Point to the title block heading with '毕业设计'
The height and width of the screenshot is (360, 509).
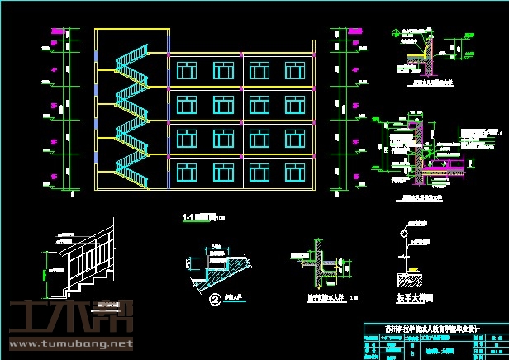point(431,327)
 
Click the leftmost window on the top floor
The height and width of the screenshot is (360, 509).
point(185,70)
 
